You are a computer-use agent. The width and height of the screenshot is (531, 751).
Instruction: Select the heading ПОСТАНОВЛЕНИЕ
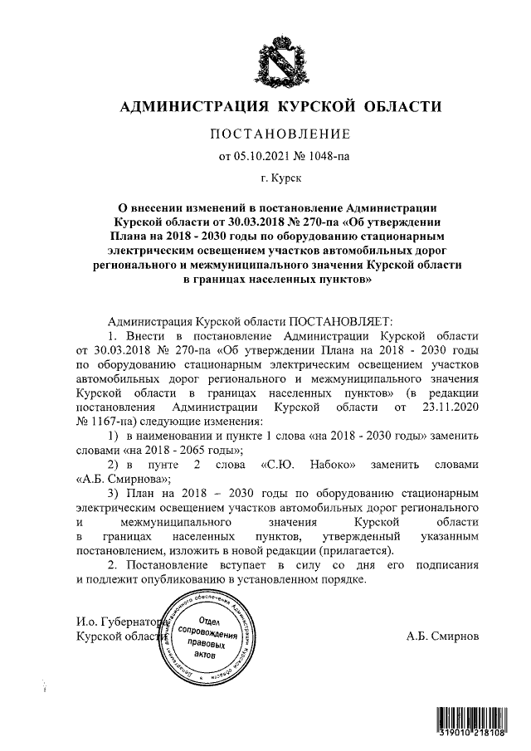tap(279, 134)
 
